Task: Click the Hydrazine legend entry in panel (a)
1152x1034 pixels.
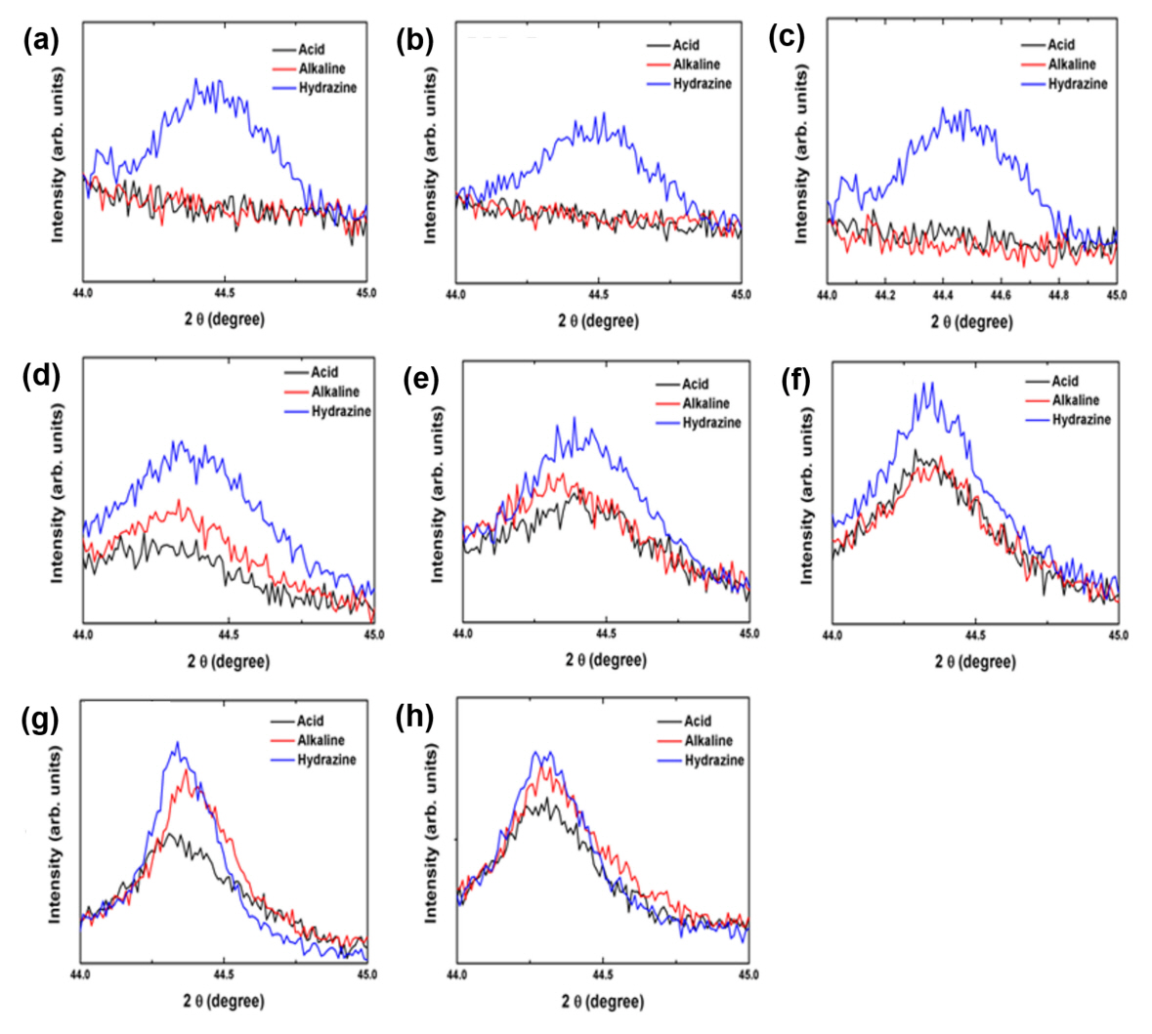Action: point(327,88)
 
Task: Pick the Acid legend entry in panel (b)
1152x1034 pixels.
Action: point(686,45)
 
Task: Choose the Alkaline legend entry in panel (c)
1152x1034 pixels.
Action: point(1072,64)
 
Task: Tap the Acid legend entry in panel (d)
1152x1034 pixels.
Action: point(324,372)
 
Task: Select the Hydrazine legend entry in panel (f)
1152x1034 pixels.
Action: point(1082,420)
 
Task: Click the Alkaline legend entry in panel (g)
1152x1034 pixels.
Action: point(320,740)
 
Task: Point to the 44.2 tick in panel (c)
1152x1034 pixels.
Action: point(884,293)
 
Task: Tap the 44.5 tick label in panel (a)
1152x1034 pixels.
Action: point(225,292)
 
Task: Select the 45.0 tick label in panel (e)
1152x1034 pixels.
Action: point(747,634)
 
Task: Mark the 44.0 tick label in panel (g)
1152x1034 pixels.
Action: point(81,973)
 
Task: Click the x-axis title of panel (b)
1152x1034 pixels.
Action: point(598,320)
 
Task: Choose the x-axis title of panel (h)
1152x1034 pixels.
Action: point(603,1001)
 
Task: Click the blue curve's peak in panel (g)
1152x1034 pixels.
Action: point(177,743)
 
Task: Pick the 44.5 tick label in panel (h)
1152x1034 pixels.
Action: point(603,973)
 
